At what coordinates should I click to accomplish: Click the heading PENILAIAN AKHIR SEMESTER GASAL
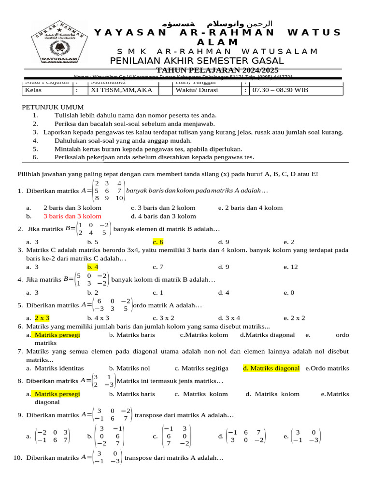(x=197, y=61)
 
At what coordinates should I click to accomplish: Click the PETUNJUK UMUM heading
(x=53, y=107)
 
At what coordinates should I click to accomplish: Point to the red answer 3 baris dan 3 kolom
(x=72, y=216)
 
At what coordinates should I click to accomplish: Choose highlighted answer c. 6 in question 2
(x=158, y=242)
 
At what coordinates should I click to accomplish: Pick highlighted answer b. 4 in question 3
(x=93, y=266)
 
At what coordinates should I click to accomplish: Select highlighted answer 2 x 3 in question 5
(x=42, y=318)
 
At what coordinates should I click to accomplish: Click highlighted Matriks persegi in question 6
(x=57, y=334)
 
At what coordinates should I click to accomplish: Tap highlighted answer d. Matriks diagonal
(x=271, y=368)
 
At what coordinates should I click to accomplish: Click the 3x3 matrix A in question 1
(x=110, y=191)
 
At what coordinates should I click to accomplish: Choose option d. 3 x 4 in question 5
(x=229, y=318)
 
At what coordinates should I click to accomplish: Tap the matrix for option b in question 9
(x=110, y=436)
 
